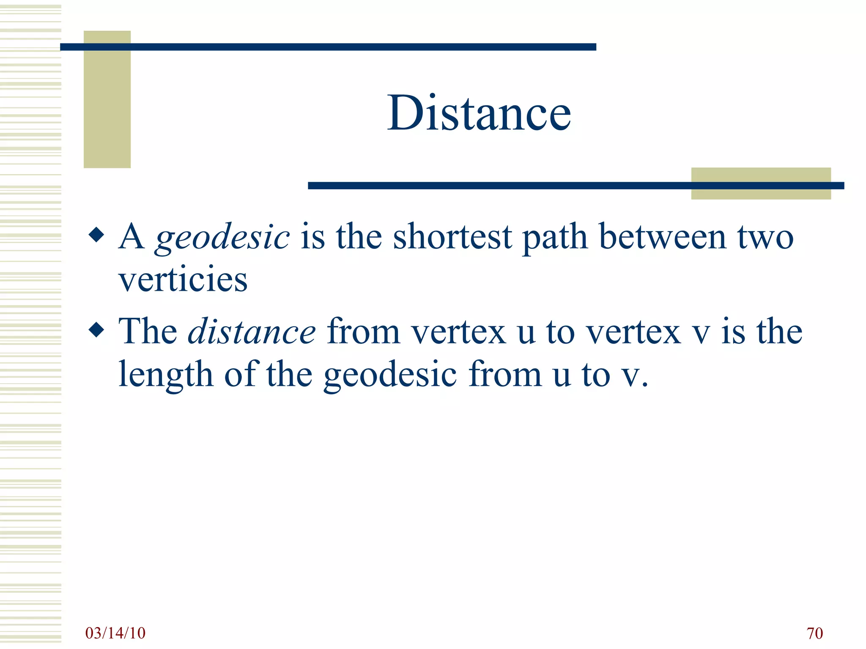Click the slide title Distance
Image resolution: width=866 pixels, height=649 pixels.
pos(479,113)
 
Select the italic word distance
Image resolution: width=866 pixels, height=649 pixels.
pos(252,332)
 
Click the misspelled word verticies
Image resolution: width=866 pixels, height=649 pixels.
pos(183,280)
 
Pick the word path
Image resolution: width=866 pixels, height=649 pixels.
pos(555,238)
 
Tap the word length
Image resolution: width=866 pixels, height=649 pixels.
pos(165,375)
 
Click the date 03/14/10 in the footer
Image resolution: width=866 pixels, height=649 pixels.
pos(115,633)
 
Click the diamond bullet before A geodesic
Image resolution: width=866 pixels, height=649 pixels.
pos(97,235)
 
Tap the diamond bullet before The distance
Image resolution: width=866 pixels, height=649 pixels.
pos(97,330)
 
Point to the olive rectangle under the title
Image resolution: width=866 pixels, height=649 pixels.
pos(761,183)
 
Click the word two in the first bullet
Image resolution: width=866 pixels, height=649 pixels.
pos(765,237)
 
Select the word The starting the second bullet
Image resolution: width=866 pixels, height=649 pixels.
pos(148,331)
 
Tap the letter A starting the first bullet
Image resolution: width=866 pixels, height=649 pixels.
pos(132,237)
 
